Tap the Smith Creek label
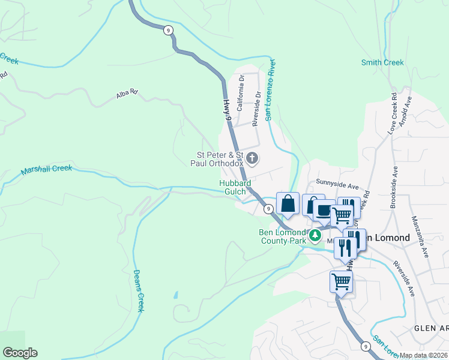(382, 62)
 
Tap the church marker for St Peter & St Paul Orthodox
(253, 158)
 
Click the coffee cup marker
(324, 211)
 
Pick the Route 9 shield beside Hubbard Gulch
(268, 208)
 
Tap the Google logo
(20, 353)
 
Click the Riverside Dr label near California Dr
(256, 108)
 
